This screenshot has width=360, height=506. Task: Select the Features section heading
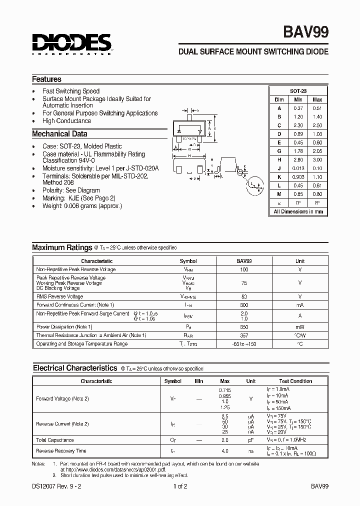[x=46, y=79]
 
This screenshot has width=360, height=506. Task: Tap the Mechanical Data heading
[x=59, y=134]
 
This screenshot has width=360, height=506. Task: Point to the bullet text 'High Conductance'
[x=66, y=121]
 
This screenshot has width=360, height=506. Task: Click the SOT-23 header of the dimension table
[x=298, y=91]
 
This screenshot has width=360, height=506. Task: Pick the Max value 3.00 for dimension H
[x=317, y=159]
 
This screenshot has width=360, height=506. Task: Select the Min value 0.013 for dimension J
[x=298, y=168]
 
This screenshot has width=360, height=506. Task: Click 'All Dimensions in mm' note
[x=298, y=211]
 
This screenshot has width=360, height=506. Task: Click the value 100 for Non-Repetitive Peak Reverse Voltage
[x=244, y=269]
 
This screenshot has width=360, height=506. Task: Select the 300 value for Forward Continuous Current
[x=244, y=305]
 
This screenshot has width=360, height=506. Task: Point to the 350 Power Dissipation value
[x=244, y=326]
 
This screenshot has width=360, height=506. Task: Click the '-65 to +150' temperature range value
[x=244, y=344]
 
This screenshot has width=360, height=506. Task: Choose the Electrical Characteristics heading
[x=74, y=368]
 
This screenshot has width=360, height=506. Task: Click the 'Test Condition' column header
[x=295, y=381]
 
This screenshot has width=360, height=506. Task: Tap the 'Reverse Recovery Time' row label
[x=61, y=451]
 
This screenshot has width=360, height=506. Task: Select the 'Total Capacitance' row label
[x=55, y=440]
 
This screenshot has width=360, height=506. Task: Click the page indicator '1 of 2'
[x=180, y=486]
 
